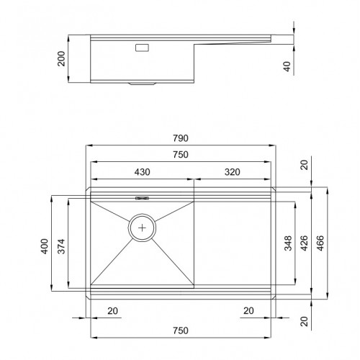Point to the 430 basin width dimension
click(x=141, y=173)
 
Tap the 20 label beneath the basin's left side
click(x=112, y=311)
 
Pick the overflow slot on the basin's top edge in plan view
click(x=141, y=197)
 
